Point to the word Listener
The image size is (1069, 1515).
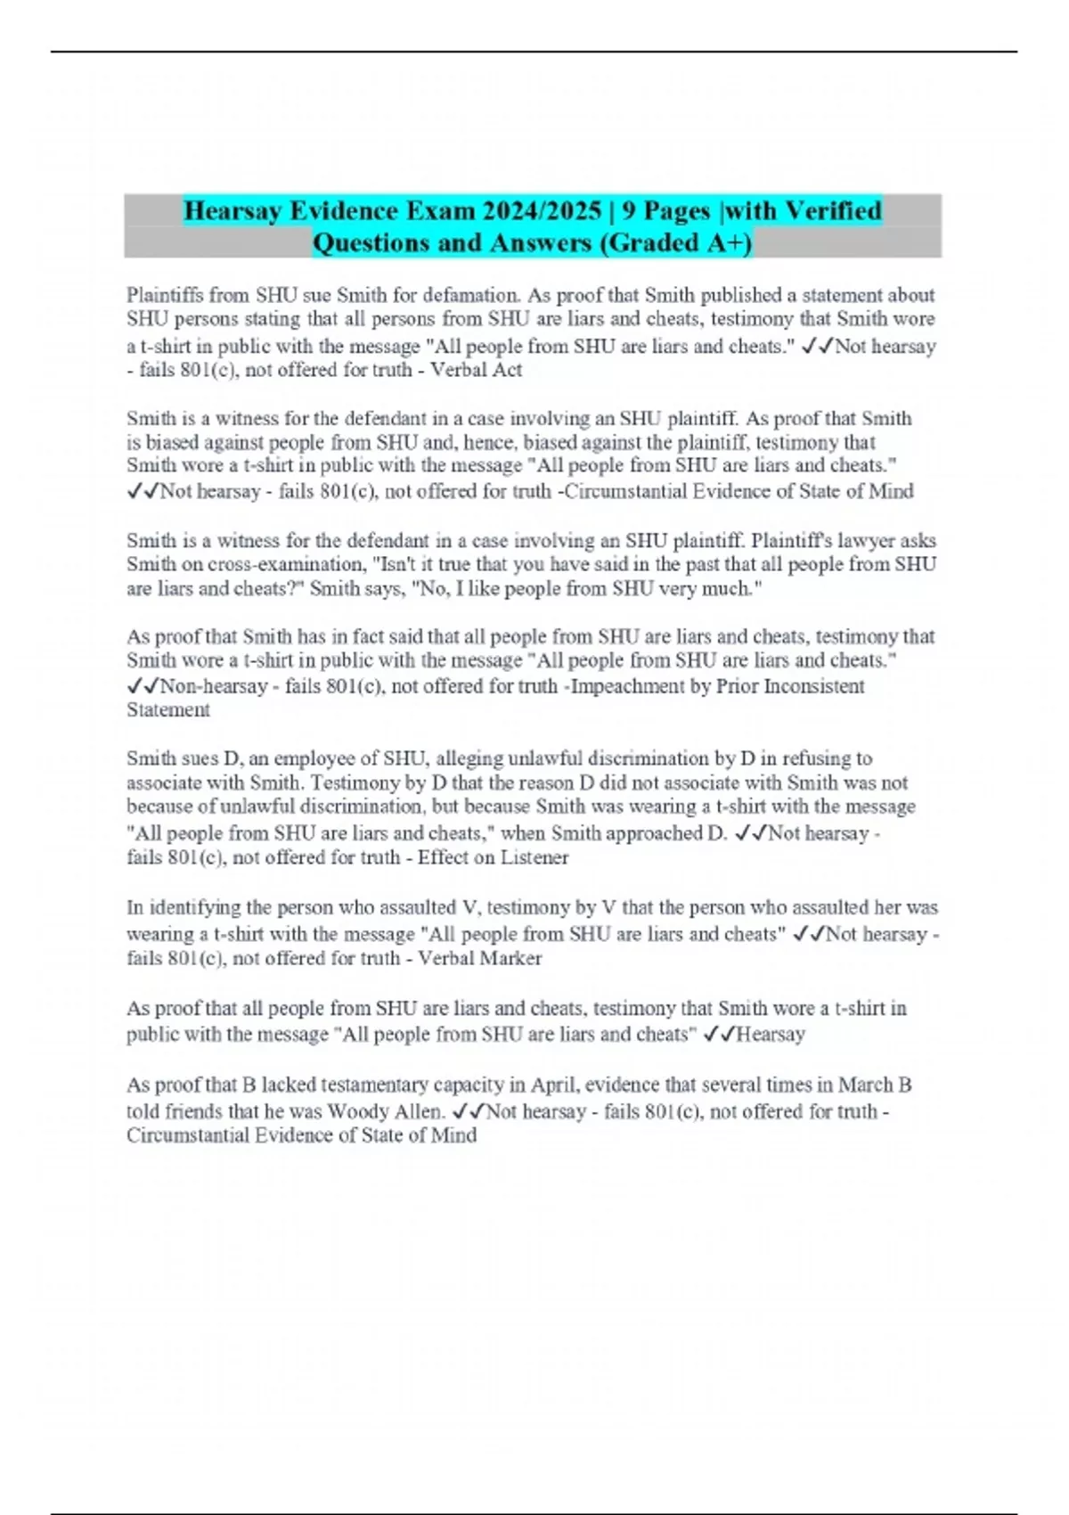534,857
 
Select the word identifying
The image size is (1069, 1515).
193,907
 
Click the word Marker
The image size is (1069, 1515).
510,958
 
